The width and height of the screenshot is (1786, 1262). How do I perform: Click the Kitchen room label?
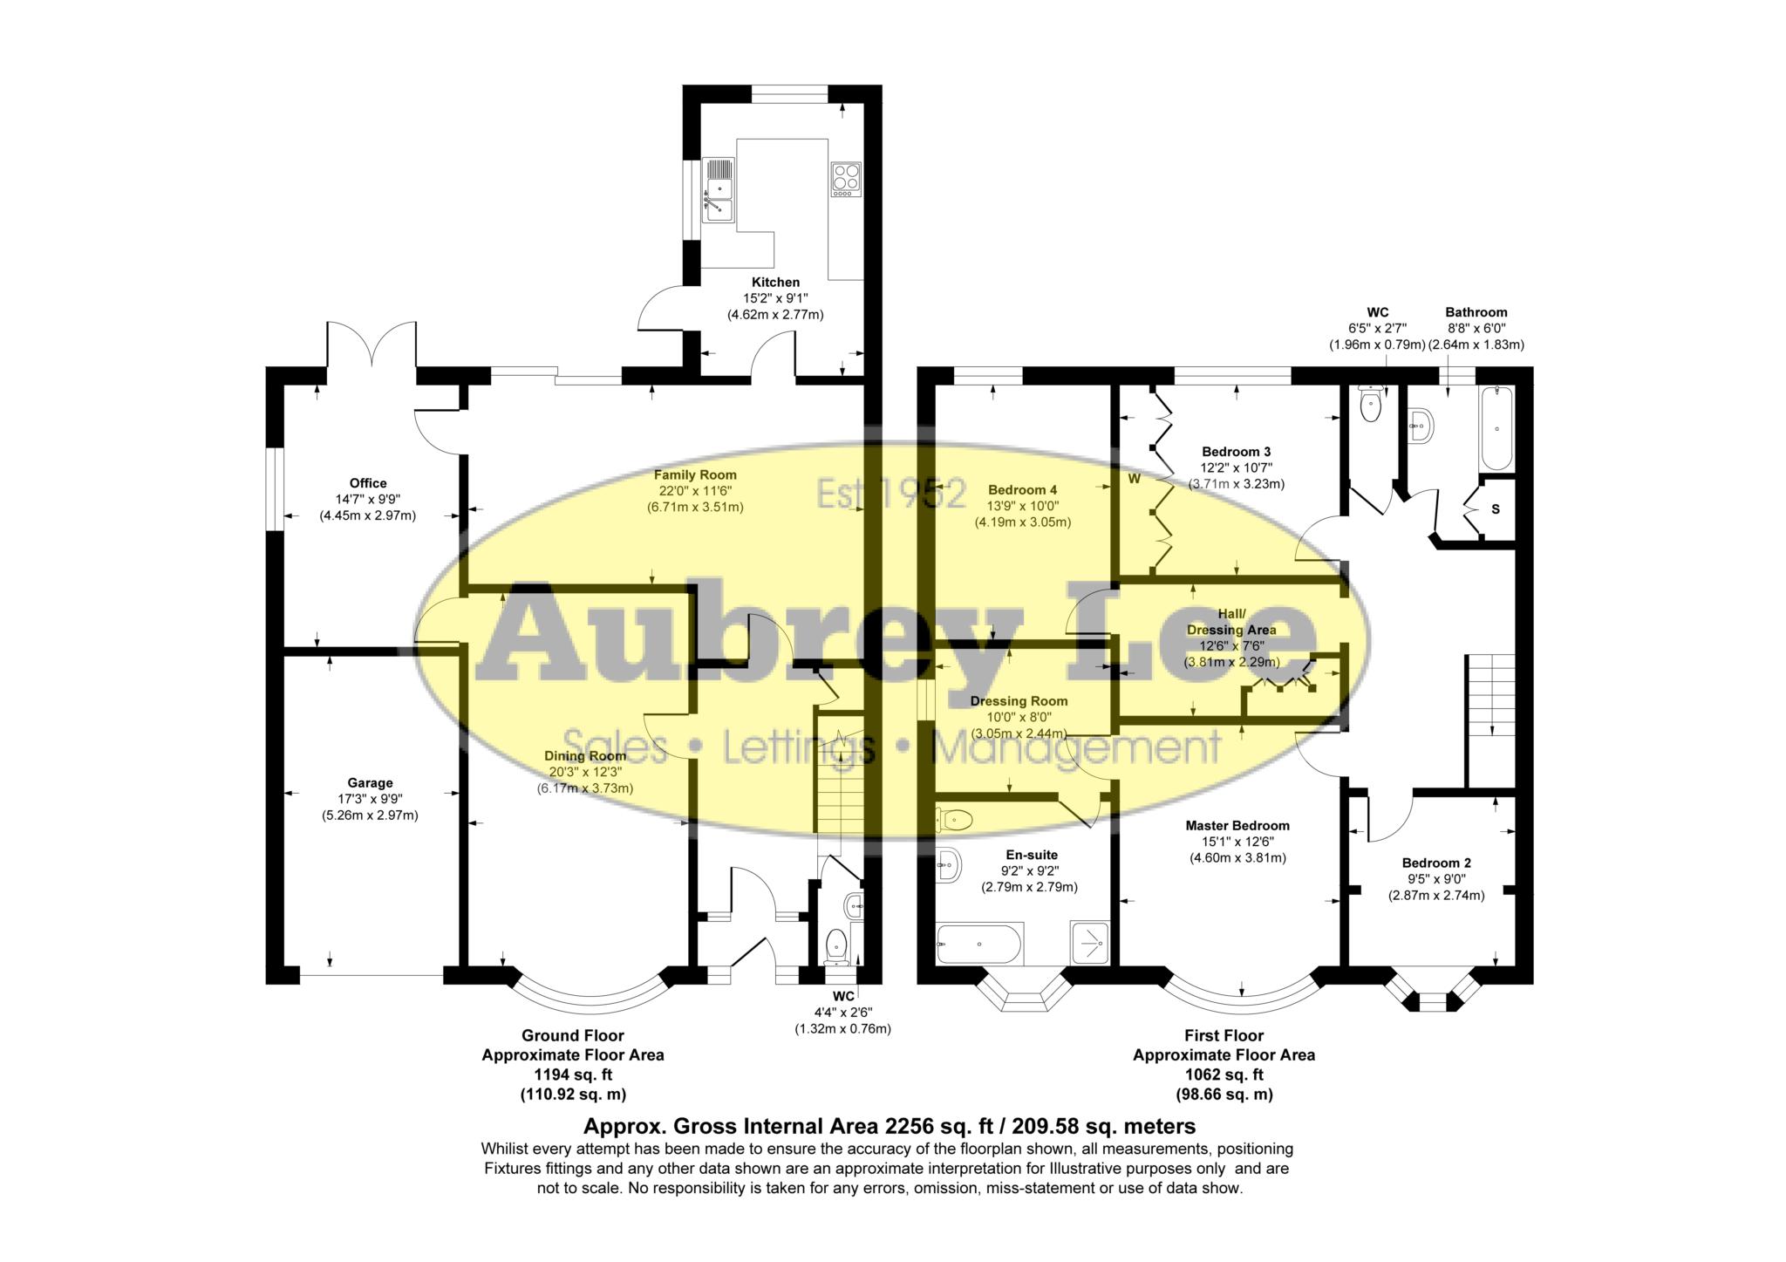775,283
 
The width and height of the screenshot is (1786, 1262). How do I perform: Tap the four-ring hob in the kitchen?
845,180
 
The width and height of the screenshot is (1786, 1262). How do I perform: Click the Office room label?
367,483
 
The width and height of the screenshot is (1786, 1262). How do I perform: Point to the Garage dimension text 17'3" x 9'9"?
370,799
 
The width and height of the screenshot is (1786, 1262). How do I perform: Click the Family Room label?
695,475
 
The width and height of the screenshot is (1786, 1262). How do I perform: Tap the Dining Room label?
584,755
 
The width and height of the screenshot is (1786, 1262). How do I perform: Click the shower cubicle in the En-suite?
1090,943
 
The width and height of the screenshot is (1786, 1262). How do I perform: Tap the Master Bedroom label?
1237,825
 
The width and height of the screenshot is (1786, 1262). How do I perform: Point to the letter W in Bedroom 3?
1135,479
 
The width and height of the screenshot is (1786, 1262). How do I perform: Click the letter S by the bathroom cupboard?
1495,509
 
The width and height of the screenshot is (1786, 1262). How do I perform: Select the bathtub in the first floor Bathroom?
1496,428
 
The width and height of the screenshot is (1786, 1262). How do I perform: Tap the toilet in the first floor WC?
1372,406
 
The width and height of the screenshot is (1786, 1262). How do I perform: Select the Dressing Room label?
1019,700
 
